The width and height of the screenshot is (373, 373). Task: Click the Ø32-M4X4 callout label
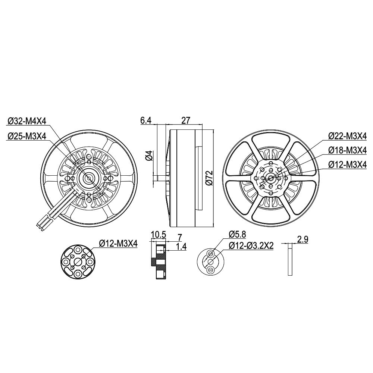point(26,121)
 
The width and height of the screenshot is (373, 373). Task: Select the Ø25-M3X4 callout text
point(26,136)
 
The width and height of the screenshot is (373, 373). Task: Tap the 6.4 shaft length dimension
point(146,120)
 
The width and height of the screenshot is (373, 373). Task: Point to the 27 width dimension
point(186,120)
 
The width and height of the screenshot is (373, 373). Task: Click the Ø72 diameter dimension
point(209,178)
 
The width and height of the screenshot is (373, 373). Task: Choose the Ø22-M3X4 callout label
point(347,136)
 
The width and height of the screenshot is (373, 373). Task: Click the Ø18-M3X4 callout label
point(347,150)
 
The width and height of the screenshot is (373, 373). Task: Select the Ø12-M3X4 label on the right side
point(347,164)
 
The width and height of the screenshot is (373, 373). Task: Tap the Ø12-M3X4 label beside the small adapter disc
point(119,244)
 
